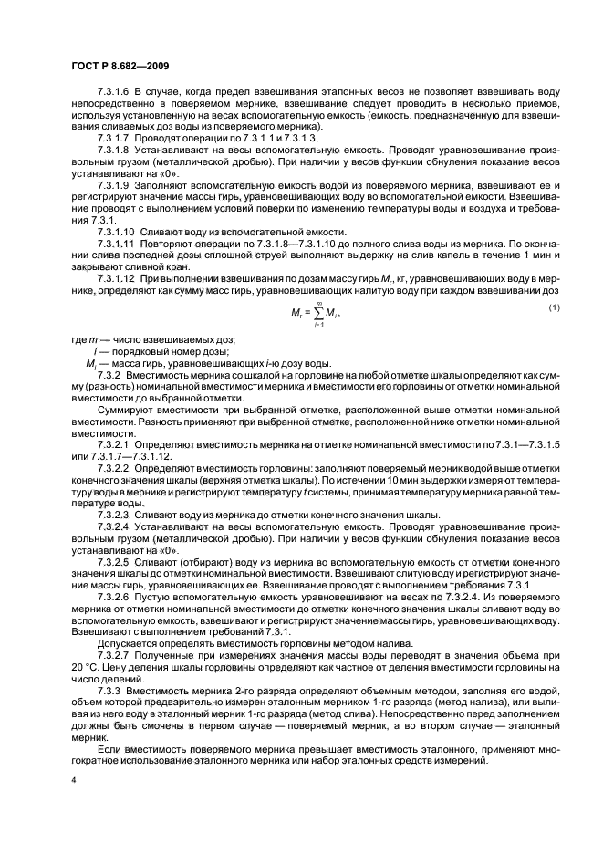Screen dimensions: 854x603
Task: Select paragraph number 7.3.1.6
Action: pos(114,92)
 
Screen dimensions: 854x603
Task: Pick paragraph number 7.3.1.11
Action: pos(117,245)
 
